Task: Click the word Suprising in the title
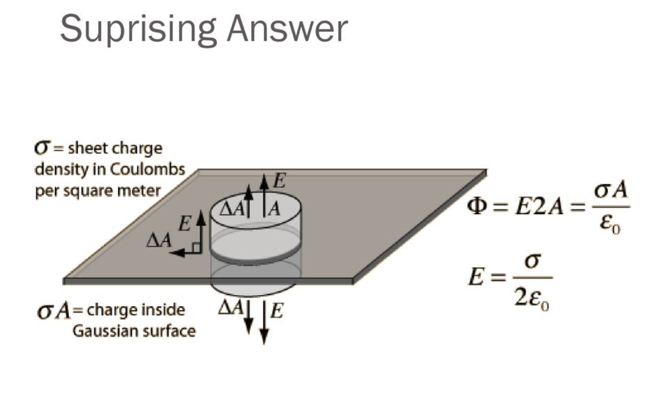(137, 29)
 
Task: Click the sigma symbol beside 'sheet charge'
(41, 148)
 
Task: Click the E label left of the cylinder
(184, 224)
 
